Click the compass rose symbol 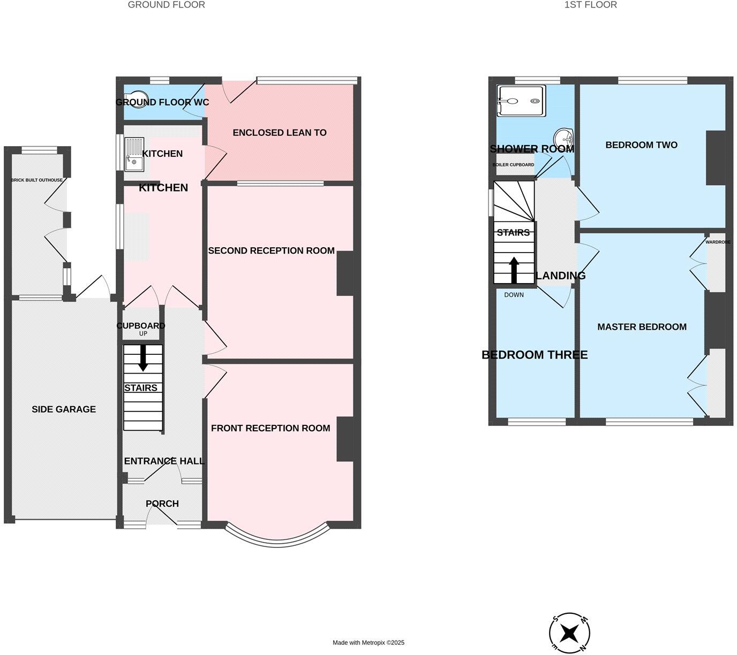click(570, 633)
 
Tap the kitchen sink click(134, 155)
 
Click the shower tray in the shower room click(521, 101)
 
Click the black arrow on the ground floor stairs click(143, 358)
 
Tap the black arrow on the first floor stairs click(514, 270)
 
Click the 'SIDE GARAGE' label click(64, 409)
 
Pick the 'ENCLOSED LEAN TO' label click(279, 133)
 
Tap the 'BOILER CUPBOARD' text click(513, 165)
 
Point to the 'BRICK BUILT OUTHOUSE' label click(37, 180)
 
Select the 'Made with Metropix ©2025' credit click(368, 643)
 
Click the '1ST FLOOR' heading click(590, 5)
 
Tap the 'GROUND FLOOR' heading click(166, 5)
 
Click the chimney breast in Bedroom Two click(716, 158)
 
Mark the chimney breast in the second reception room click(345, 273)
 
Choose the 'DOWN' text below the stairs click(514, 295)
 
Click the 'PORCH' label click(162, 504)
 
